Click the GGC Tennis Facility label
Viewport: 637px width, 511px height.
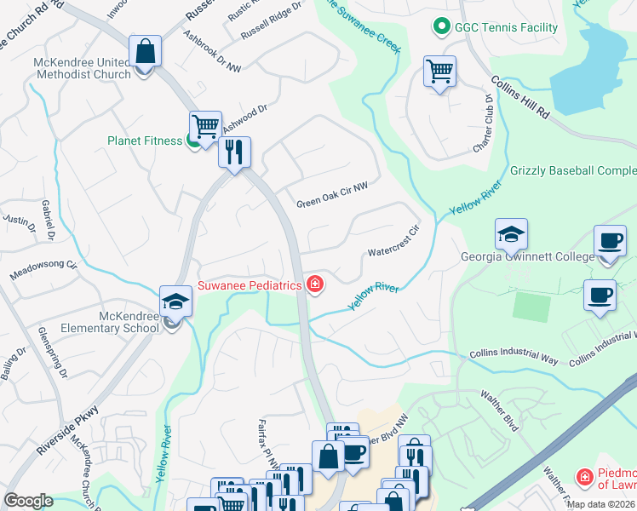click(507, 27)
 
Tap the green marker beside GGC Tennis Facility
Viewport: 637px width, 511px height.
click(441, 27)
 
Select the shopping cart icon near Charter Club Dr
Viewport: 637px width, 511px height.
click(439, 72)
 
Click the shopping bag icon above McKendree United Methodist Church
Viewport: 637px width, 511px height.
click(146, 51)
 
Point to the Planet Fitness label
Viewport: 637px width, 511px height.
click(145, 141)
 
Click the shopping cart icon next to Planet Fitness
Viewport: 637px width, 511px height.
click(205, 127)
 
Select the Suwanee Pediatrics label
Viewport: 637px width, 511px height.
click(250, 285)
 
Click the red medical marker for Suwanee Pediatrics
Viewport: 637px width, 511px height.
click(315, 284)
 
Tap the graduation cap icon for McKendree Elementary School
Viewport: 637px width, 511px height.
click(175, 301)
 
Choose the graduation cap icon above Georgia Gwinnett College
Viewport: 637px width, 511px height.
click(511, 234)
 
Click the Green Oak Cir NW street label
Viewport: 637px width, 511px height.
click(332, 204)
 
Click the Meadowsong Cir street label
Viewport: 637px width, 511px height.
click(42, 272)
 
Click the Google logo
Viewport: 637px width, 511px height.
click(28, 501)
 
